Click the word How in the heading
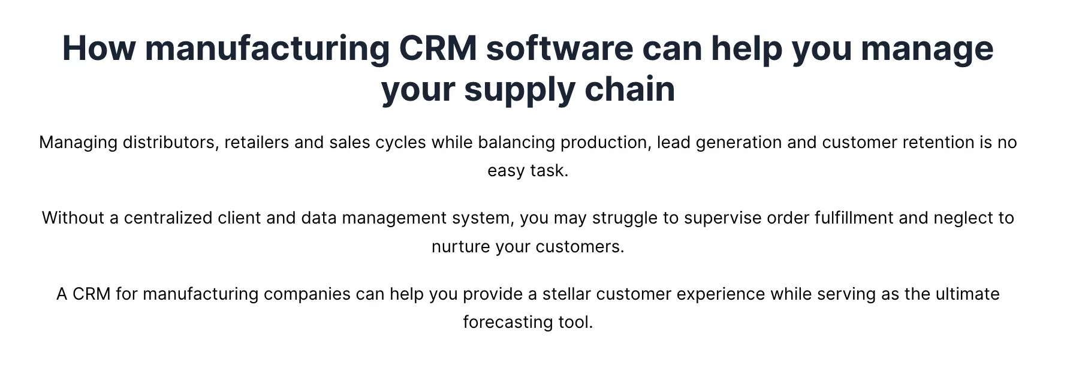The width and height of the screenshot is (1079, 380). coord(99,48)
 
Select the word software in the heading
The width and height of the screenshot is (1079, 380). coord(559,48)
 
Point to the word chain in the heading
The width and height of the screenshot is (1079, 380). coord(630,89)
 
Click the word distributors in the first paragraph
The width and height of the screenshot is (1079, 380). coord(171,143)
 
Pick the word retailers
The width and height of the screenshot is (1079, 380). coord(257,143)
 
